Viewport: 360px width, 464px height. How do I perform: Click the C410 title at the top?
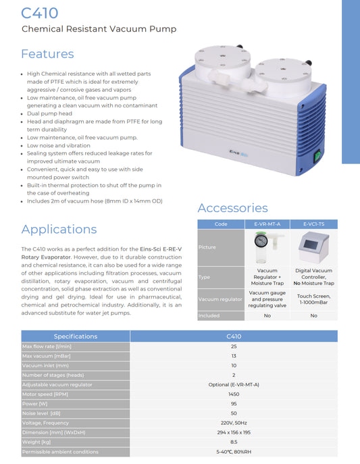coord(40,13)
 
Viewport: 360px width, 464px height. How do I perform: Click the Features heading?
coord(47,54)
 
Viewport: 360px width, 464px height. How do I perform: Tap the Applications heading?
coord(59,229)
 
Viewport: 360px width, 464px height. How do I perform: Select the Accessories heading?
coord(232,208)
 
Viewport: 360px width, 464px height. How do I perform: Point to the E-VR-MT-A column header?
coord(267,224)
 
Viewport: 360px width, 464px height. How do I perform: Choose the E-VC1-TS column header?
coord(313,224)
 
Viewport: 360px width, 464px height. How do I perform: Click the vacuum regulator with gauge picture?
coord(267,247)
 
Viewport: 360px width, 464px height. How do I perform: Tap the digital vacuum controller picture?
coord(313,247)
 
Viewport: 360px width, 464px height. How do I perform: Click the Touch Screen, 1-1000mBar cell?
coord(313,299)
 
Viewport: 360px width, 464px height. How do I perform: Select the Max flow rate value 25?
coord(233,346)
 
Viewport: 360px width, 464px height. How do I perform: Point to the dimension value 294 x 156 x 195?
coord(233,432)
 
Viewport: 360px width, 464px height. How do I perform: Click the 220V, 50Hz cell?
coord(233,422)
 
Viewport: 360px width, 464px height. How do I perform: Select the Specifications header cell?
coord(75,336)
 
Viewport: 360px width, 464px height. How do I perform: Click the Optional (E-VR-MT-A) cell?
coord(233,384)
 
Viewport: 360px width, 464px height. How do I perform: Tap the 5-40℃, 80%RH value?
coord(233,451)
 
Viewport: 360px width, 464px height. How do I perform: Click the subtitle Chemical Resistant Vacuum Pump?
coord(99,29)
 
